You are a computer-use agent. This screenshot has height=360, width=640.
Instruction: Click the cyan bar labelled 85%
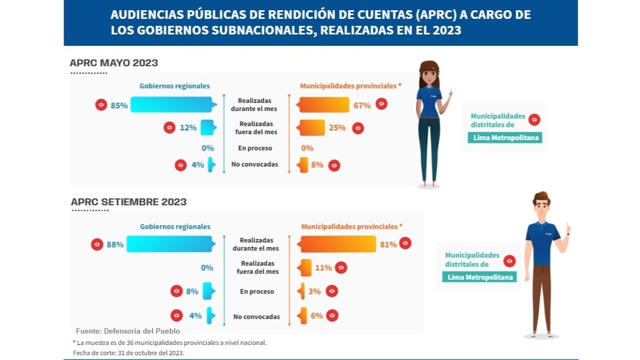point(171,105)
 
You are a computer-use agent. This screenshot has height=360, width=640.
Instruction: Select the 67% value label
point(362,105)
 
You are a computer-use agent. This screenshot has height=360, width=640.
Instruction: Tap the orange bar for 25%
point(312,128)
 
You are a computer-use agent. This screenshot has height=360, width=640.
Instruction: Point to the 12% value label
point(188,128)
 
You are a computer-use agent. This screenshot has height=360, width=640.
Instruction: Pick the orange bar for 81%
point(337,244)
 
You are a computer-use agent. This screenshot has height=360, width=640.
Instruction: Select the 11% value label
point(323,267)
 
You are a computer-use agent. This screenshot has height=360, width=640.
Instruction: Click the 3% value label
point(315,291)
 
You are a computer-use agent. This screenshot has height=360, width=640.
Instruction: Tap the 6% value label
point(317,315)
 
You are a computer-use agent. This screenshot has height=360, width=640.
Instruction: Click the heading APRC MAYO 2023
point(114,63)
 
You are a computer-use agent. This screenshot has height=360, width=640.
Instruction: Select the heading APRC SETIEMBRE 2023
point(129,202)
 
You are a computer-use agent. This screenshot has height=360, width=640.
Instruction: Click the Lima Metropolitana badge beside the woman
point(505,137)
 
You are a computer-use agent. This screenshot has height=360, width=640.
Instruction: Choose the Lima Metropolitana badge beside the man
point(479,277)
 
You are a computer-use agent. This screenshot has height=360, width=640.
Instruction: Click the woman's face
point(430,75)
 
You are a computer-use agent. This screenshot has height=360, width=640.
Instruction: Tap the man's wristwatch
point(568,233)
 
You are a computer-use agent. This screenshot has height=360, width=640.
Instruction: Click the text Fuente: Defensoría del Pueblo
point(128,331)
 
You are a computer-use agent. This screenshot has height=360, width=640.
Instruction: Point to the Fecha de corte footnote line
point(128,353)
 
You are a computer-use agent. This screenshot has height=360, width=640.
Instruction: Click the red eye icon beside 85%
point(101,105)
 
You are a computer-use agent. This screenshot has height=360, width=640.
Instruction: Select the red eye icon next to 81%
point(406,244)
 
